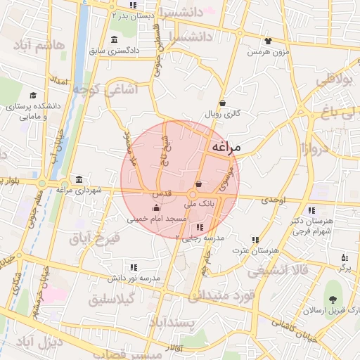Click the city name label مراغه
(226, 147)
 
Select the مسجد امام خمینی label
(156, 219)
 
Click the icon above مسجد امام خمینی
(156, 208)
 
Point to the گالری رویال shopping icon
(222, 103)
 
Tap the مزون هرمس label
(268, 53)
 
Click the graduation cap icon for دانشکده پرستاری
(33, 96)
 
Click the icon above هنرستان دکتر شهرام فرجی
(311, 210)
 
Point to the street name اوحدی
(275, 200)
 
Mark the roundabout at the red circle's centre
(191, 194)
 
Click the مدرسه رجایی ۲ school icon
(200, 226)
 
